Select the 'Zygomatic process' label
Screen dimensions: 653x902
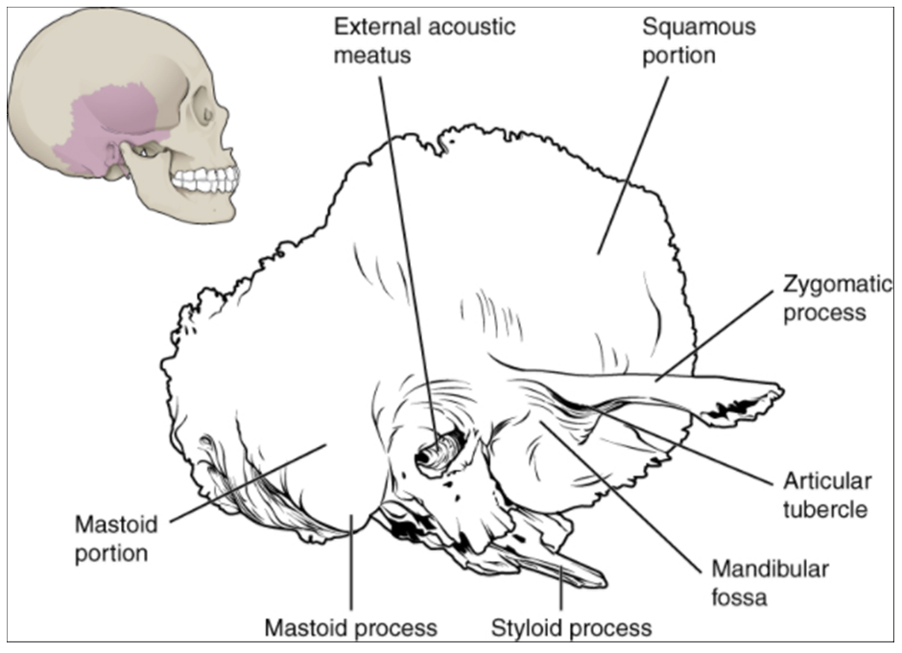coord(824,298)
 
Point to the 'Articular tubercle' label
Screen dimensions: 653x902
coord(825,495)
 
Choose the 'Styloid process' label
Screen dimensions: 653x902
coord(571,629)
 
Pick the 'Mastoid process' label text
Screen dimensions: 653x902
coord(350,629)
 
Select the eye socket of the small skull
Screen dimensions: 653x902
coord(205,115)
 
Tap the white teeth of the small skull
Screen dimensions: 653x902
coord(207,179)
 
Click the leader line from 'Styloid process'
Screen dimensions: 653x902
coord(561,589)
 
